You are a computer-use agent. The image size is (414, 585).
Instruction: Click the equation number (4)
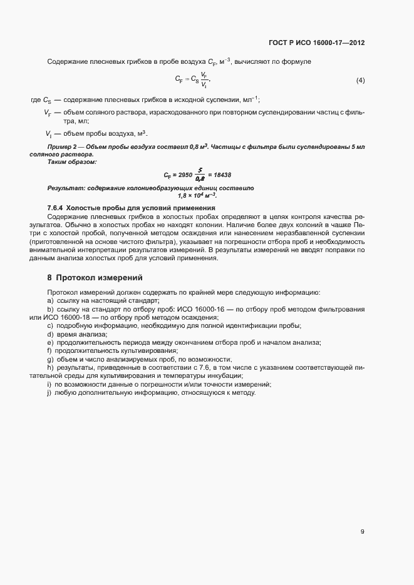coord(360,81)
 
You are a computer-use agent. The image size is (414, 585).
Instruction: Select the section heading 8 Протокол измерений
coord(95,277)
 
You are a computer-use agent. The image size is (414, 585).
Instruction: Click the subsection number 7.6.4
coord(58,207)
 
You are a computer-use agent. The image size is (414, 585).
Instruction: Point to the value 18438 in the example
coord(219,175)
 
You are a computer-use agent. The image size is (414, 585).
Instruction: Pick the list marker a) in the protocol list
coord(50,301)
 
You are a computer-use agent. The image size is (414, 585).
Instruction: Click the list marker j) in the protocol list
coord(49,391)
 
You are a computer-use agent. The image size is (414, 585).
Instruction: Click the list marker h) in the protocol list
coord(50,367)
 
